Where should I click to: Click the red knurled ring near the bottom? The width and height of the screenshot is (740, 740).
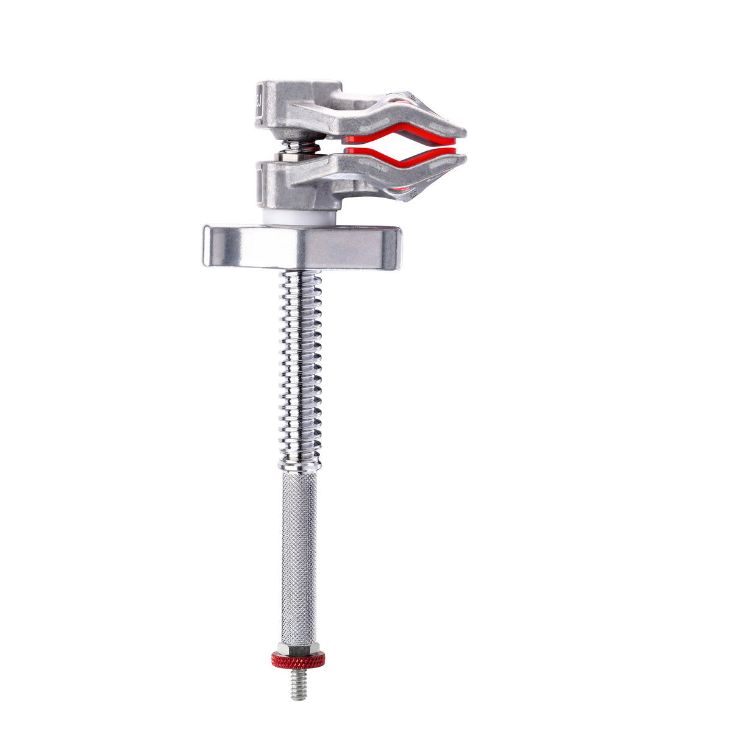coord(298,659)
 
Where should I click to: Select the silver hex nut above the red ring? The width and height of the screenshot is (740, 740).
coord(298,647)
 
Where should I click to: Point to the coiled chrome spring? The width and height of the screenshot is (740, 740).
coord(300,366)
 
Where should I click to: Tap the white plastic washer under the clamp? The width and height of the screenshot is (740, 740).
coord(299,216)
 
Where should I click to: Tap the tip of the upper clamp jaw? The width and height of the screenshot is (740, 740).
coord(460,131)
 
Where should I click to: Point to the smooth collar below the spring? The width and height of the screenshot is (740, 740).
coord(299,465)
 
